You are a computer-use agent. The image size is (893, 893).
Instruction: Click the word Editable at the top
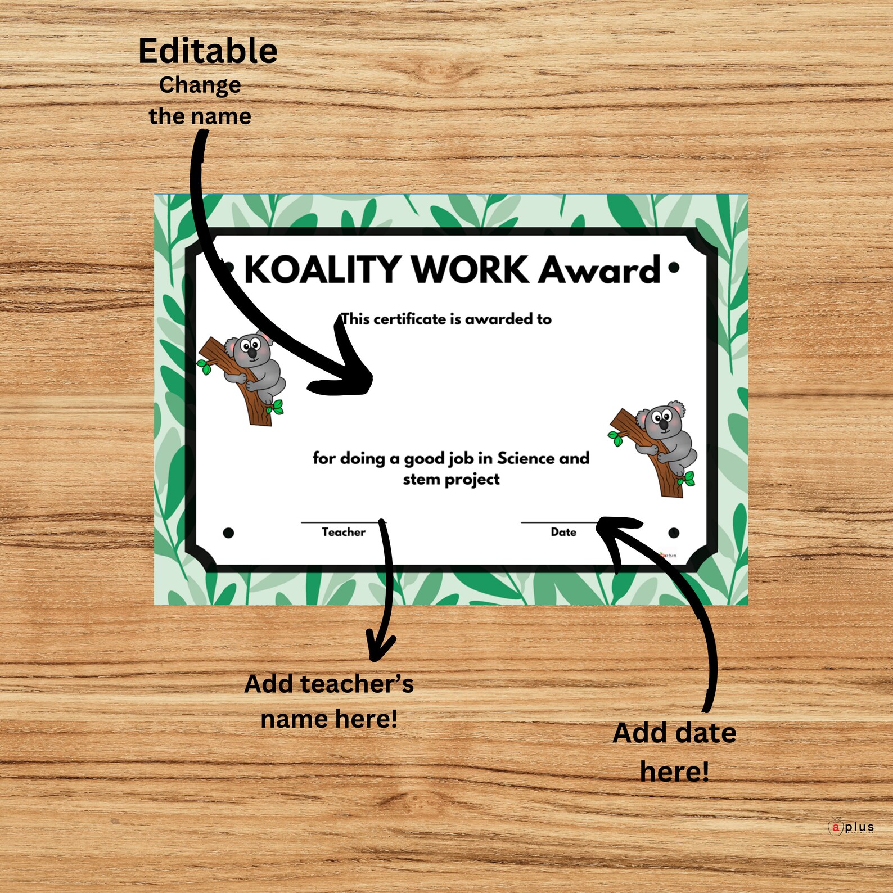[x=208, y=51]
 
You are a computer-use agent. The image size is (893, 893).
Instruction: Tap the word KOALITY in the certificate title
[x=323, y=269]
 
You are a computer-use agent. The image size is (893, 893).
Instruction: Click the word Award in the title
[x=599, y=270]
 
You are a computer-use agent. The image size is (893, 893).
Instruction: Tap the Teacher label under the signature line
[x=343, y=532]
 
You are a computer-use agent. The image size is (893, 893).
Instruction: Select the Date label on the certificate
[x=563, y=532]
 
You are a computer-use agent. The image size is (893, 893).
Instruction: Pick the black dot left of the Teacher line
[x=228, y=533]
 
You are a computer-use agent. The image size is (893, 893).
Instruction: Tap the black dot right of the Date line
[x=674, y=533]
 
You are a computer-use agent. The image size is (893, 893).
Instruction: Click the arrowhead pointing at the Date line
[x=613, y=531]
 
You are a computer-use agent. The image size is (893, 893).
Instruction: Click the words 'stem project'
[x=451, y=480]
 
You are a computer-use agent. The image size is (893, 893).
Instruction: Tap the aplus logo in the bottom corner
[x=851, y=827]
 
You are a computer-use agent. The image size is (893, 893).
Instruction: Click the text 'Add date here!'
[x=674, y=752]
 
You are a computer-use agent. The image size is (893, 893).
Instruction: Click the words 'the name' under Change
[x=200, y=116]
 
